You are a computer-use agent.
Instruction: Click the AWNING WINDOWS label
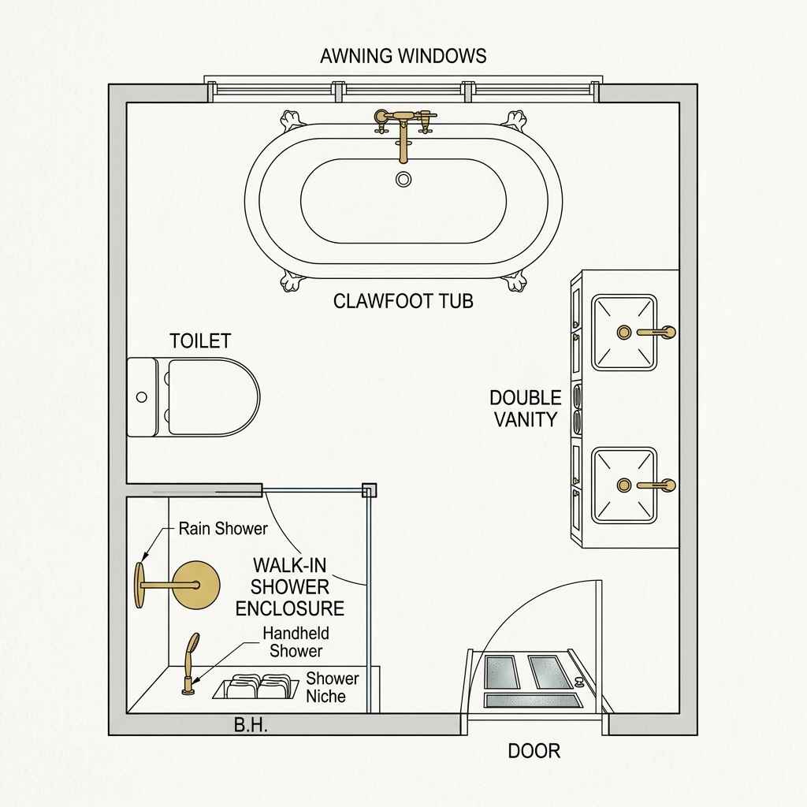click(x=403, y=56)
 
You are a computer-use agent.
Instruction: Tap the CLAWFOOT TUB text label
click(x=403, y=300)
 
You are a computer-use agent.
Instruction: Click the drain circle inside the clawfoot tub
click(x=403, y=179)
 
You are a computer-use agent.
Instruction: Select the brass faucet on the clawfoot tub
click(x=404, y=126)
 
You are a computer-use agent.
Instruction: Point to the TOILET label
click(x=200, y=340)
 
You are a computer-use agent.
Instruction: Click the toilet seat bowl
click(x=213, y=397)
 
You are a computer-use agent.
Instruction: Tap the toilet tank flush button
click(x=142, y=397)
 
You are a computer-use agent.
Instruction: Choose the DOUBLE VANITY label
click(x=526, y=408)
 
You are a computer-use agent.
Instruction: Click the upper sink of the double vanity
click(x=624, y=332)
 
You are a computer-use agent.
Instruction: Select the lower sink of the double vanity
click(x=624, y=485)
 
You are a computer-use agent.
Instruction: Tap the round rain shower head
click(x=197, y=585)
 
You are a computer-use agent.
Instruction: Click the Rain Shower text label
click(x=223, y=528)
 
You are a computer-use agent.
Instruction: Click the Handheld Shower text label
click(x=296, y=642)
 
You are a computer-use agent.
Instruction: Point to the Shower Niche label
click(x=332, y=687)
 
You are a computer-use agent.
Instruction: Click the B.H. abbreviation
click(x=251, y=726)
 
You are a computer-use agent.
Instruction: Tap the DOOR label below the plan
click(x=534, y=750)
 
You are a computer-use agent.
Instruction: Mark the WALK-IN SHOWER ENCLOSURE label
click(x=290, y=586)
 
